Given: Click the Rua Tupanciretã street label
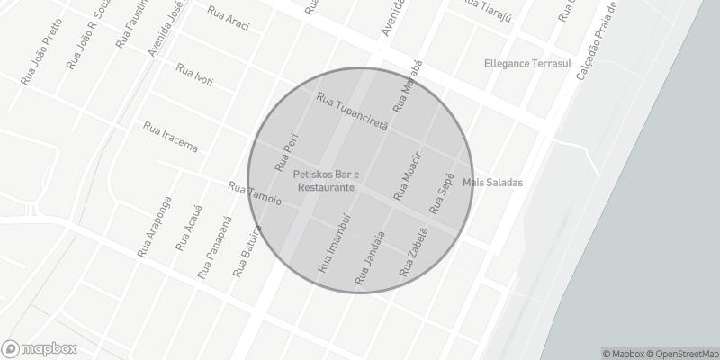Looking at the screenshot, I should pos(352,111).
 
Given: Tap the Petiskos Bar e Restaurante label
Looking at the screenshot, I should pos(327,180).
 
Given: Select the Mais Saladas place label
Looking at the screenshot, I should pos(492,183).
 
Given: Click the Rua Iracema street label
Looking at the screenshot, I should pos(170,136).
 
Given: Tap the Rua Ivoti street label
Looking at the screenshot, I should pos(194,76).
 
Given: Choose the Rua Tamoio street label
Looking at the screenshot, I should pos(256,193).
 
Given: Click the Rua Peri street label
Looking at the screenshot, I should pos(285,154).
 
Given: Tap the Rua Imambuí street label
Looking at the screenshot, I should pos(338,244).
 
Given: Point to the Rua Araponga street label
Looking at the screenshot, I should pos(155,227).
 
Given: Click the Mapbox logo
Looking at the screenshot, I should pos(39,348).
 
